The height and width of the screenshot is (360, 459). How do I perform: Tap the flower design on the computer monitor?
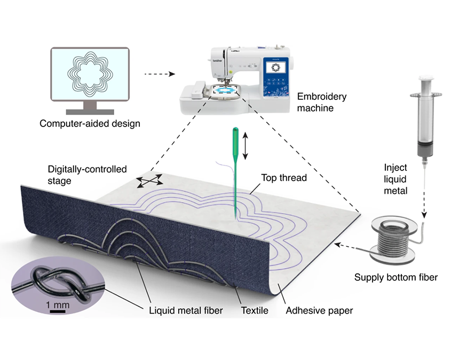[x=89, y=74]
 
